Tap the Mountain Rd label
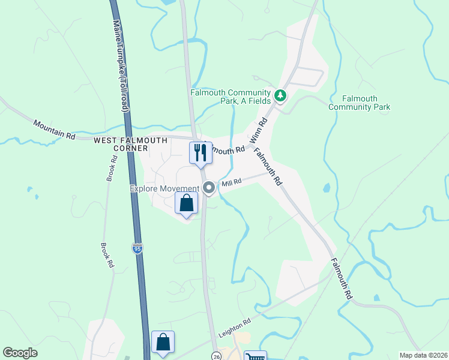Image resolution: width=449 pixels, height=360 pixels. pos(54,130)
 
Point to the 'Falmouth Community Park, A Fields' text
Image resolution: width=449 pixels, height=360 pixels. pos(231,97)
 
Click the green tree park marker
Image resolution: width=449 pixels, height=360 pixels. pos(280,95)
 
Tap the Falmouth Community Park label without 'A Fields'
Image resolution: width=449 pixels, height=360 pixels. pos(360,103)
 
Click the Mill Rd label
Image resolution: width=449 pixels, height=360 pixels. pos(231,182)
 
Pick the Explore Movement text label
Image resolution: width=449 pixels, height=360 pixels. pos(164,188)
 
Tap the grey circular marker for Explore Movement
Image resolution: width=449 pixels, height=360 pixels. pos(209,188)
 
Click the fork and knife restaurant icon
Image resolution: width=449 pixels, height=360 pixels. pos(200,152)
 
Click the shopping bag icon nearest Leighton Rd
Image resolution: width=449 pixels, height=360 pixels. pos(163,343)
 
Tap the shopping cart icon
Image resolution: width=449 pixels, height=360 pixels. pos(256,356)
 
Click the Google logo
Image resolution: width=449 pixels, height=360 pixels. pos(20,353)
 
